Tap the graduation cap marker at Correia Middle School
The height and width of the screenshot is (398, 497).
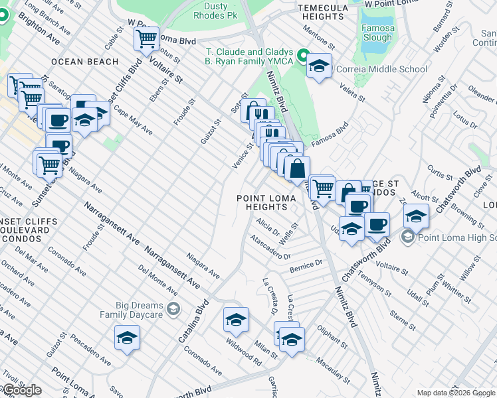coord(320,66)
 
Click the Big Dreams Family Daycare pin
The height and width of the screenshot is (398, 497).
coord(173,309)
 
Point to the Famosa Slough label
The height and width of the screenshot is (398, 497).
coord(377,33)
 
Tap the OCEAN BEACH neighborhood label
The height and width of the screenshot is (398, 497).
coord(84,62)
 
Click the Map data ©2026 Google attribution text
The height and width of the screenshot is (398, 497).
coord(456,393)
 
